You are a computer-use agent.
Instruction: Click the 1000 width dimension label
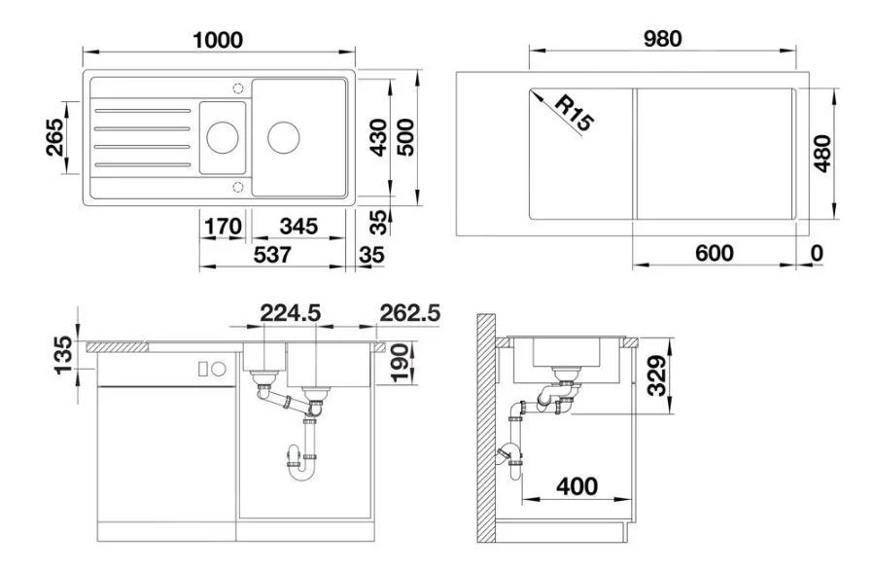pos(218,40)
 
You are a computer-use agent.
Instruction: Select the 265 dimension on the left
pos(54,137)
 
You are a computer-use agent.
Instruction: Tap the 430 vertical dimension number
pos(378,137)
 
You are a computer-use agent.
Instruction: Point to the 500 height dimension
pos(405,137)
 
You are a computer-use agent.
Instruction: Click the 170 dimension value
pos(223,227)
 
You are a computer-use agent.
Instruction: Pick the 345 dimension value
pos(298,227)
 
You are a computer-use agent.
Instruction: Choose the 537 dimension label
pos(272,255)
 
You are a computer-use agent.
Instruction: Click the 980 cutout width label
pos(662,39)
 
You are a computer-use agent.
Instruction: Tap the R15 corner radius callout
pos(576,113)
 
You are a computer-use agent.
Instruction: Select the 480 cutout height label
pos(822,154)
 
